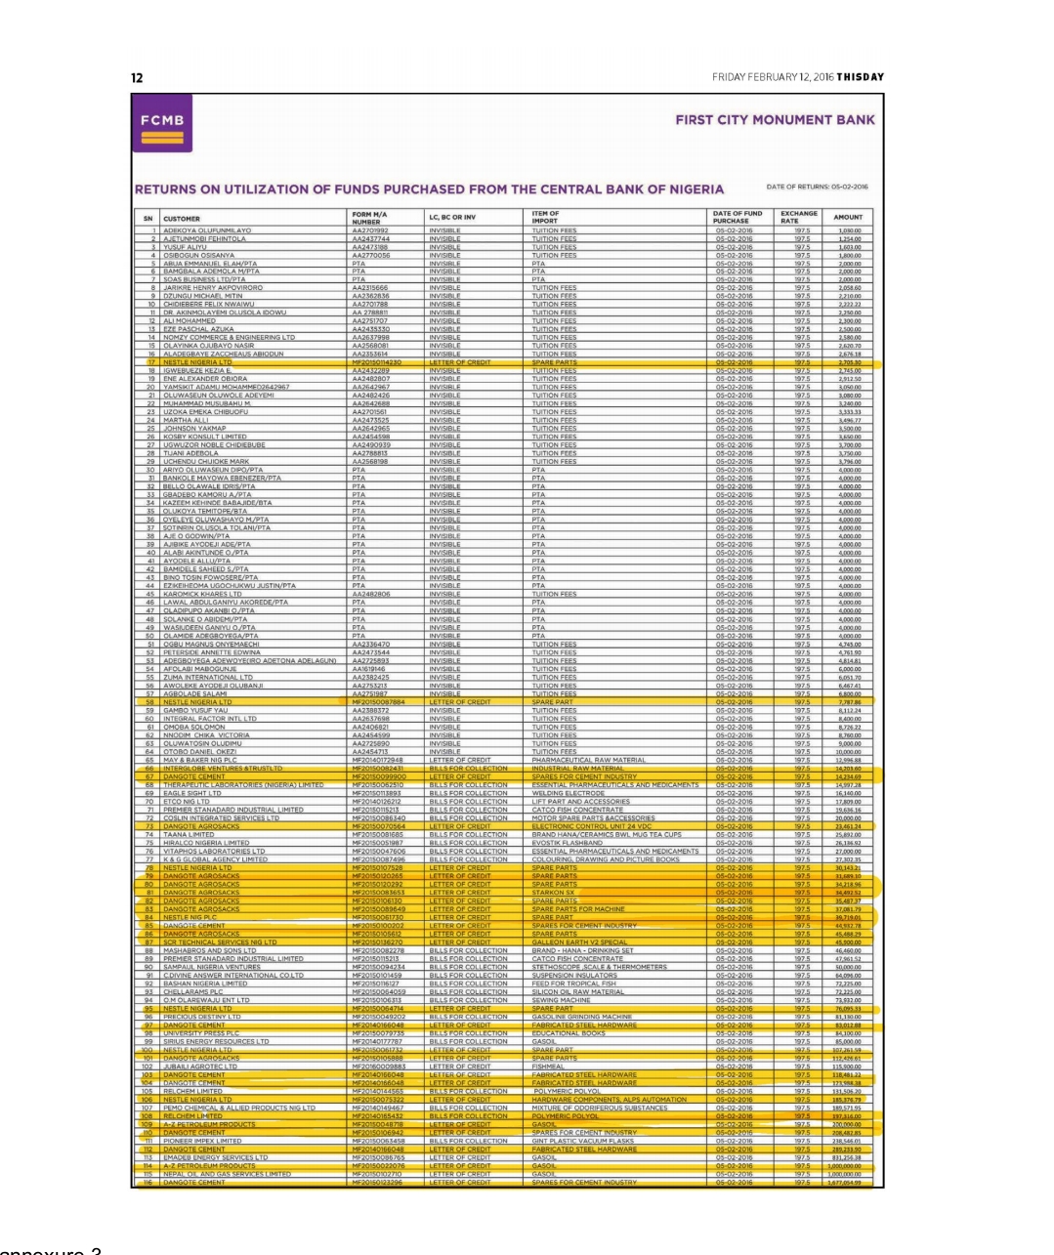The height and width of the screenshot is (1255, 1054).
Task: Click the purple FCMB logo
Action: pos(163,127)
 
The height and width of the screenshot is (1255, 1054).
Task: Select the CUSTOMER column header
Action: pos(182,219)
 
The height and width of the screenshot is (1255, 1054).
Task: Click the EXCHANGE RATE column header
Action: pos(798,217)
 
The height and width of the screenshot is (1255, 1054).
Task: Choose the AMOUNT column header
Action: pos(848,218)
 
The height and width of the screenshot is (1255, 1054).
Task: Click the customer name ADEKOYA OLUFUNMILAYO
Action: pos(207,230)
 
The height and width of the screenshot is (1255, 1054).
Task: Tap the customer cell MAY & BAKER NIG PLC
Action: pos(199,760)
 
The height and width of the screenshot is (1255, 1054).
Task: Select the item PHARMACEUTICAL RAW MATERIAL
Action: pos(589,760)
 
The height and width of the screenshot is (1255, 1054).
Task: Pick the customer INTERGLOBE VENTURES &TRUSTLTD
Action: pos(222,769)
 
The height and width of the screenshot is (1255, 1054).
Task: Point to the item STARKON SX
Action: pos(553,893)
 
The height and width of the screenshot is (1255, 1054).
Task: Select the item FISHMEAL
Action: pos(548,1067)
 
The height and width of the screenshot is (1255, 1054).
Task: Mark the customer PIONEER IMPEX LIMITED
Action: pos(202,1141)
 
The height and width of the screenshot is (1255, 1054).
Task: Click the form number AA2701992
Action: pos(370,230)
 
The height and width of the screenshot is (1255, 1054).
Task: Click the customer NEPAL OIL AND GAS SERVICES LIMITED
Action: pos(227,1174)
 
